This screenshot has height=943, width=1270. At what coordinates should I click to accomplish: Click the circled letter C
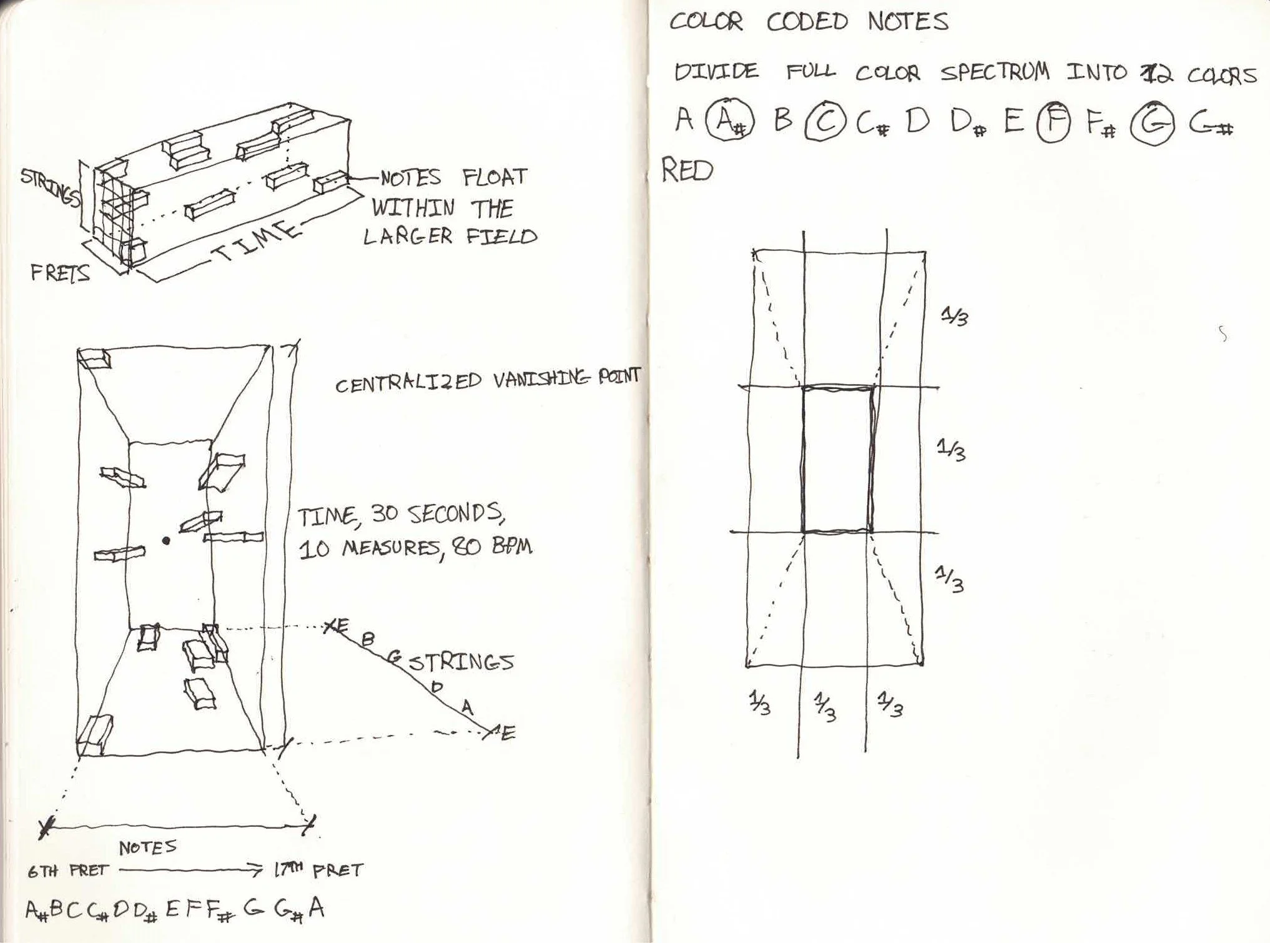tap(825, 124)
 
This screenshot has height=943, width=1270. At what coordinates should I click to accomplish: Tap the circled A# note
tap(729, 121)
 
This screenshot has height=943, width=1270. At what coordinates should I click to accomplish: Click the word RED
tap(687, 170)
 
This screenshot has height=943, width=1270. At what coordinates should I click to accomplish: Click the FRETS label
tap(60, 273)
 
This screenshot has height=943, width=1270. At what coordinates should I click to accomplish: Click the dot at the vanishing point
tap(165, 541)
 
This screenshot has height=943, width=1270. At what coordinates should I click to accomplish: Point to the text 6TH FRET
tap(67, 871)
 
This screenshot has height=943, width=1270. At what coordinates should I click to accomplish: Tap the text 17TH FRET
tap(318, 870)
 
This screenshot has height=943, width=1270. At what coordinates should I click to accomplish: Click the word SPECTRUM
tap(995, 73)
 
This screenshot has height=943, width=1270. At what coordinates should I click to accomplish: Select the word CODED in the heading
tap(807, 22)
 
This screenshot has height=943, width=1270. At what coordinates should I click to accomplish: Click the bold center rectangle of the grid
tap(837, 460)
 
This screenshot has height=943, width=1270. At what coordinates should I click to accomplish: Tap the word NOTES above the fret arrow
tap(148, 847)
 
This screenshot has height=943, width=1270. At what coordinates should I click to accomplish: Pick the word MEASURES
tap(391, 548)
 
